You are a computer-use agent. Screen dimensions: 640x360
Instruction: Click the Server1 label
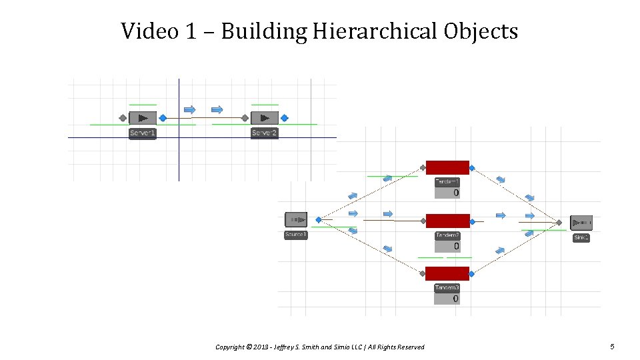coord(143,133)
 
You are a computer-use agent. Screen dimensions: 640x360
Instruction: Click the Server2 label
coord(265,133)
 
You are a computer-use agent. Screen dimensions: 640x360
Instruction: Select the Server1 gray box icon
coord(142,118)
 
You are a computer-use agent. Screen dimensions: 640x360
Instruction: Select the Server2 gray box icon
coord(265,118)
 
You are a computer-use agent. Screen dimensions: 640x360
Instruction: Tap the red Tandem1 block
coord(447,167)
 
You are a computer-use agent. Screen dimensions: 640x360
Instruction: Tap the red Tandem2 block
coord(447,221)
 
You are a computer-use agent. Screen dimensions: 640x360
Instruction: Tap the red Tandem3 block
coord(447,273)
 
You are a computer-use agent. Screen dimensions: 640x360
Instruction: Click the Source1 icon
coord(296,219)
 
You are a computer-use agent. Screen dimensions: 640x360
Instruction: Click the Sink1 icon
coord(581,223)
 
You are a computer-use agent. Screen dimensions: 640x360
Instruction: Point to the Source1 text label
coord(296,235)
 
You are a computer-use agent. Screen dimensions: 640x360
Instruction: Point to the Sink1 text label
coord(581,237)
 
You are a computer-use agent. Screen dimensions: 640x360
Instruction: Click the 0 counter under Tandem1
coord(455,193)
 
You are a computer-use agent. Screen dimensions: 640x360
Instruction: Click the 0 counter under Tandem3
coord(455,299)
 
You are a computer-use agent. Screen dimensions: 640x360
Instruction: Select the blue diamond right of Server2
coord(285,118)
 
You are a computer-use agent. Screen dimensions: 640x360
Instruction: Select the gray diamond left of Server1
coord(123,118)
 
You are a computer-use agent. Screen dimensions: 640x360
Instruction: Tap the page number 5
coord(612,346)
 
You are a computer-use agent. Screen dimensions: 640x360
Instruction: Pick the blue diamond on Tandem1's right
coord(472,168)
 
